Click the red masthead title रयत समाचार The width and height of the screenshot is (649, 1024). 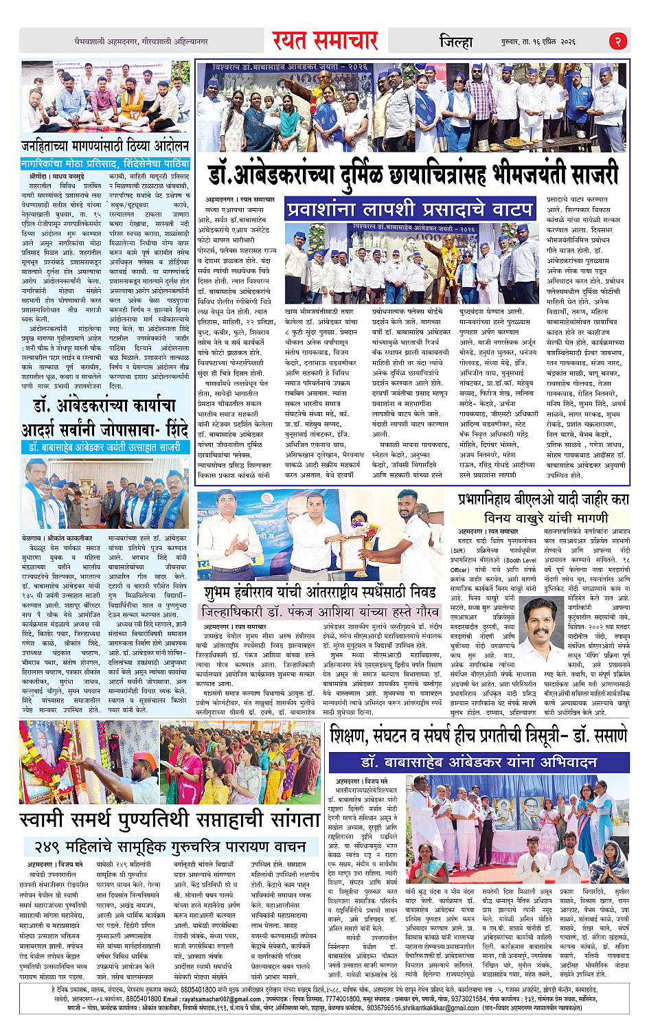click(325, 41)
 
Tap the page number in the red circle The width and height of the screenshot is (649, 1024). click(617, 41)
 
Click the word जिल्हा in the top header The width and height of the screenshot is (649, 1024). click(456, 42)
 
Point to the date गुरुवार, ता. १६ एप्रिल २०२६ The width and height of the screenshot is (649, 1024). click(538, 42)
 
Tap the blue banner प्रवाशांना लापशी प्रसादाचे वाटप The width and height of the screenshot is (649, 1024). click(410, 208)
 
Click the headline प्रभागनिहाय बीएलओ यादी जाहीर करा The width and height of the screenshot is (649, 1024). click(543, 499)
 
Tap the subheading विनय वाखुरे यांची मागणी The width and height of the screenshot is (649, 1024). click(546, 517)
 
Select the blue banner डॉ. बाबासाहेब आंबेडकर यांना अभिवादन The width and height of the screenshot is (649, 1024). click(479, 762)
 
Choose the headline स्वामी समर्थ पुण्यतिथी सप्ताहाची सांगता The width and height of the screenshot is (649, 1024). click(170, 820)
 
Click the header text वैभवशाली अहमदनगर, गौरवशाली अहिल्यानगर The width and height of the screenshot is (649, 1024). click(141, 42)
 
